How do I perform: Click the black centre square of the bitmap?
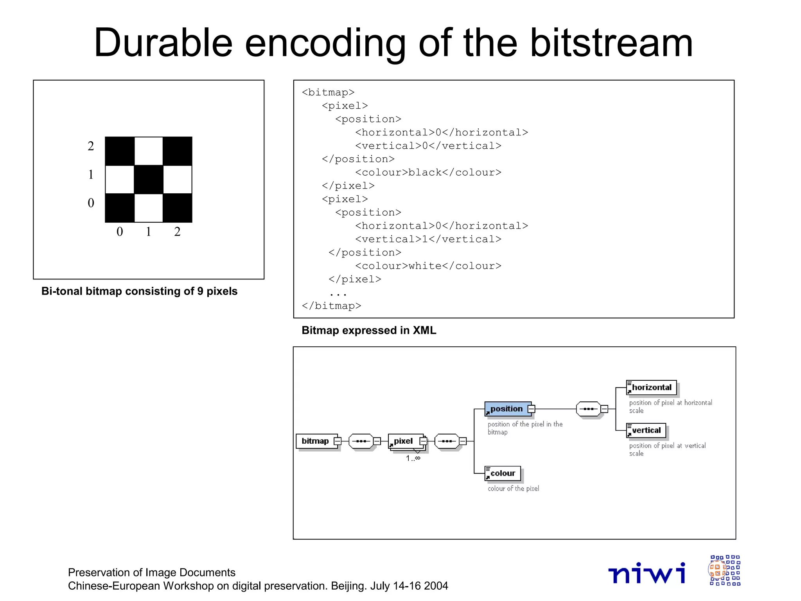[x=149, y=180]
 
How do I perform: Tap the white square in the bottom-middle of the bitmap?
[x=149, y=208]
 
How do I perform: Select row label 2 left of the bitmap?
[x=91, y=146]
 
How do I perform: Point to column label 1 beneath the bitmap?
[x=149, y=232]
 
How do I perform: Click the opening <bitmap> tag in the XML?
[x=328, y=92]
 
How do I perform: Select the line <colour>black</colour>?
[x=428, y=173]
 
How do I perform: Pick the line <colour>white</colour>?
[x=428, y=266]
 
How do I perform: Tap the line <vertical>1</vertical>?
[x=428, y=239]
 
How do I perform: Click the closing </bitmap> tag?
[x=331, y=306]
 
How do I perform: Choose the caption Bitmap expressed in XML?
[x=368, y=331]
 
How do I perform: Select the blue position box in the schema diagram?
[x=507, y=409]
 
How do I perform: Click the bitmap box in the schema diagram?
[x=316, y=441]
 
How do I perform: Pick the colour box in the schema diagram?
[x=503, y=473]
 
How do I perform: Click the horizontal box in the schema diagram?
[x=651, y=388]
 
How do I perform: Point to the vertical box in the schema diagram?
[x=646, y=430]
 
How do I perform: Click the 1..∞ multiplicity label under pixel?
[x=413, y=458]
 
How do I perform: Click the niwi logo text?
[x=647, y=574]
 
